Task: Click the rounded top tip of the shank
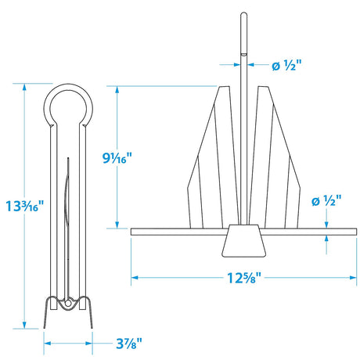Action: pos(243,16)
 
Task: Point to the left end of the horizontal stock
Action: pos(133,231)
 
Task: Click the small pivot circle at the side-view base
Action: pos(68,301)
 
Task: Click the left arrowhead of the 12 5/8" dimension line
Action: pos(134,276)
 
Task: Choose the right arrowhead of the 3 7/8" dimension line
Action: pos(92,342)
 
